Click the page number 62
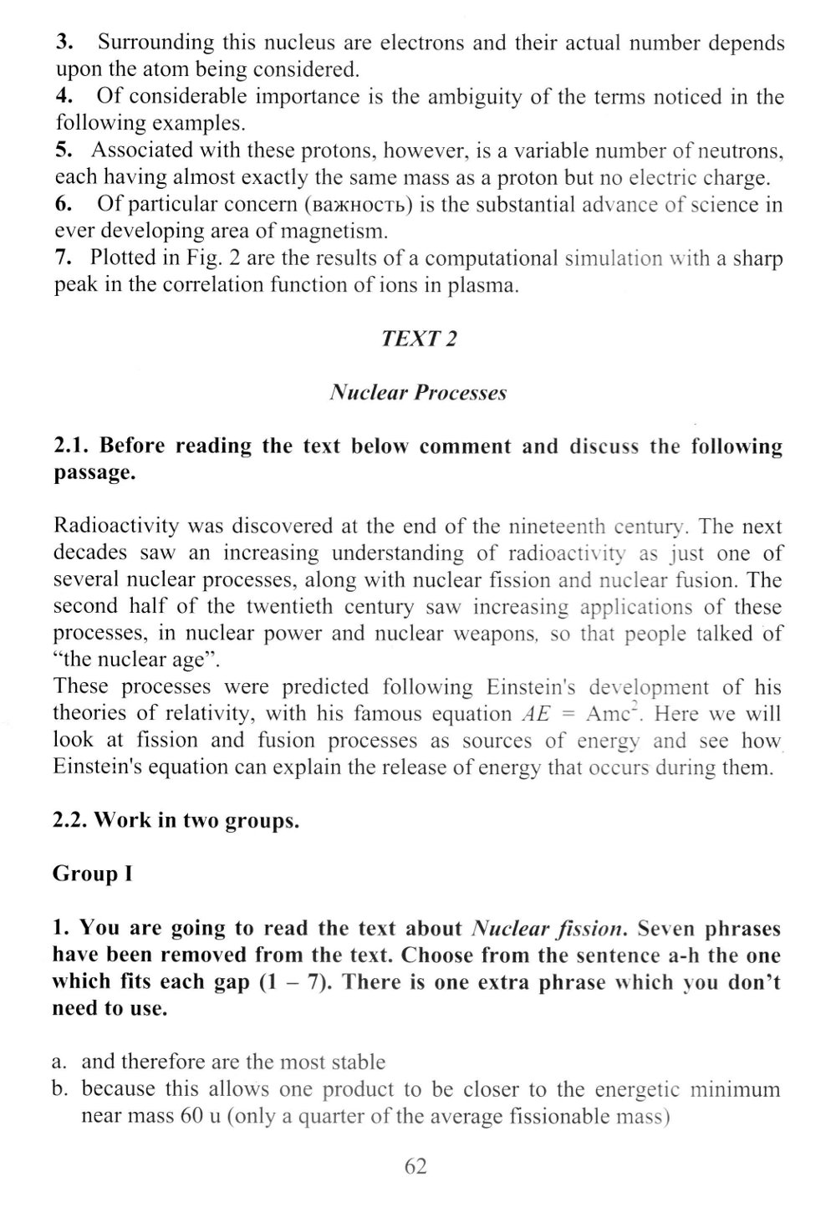point(415,1166)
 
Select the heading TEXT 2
point(418,339)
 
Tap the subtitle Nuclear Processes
point(418,392)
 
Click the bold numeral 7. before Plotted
point(65,258)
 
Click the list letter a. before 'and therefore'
point(59,1062)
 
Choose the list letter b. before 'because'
point(59,1089)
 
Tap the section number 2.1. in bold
point(72,446)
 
